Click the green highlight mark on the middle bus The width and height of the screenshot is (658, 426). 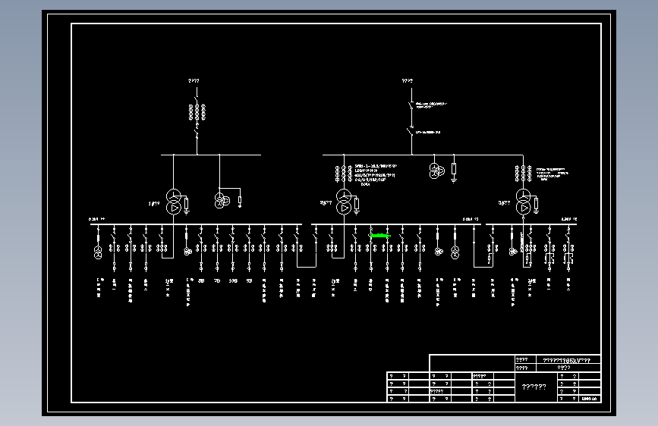(380, 236)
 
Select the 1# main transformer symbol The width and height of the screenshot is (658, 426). (174, 200)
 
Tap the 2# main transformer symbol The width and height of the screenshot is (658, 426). (344, 200)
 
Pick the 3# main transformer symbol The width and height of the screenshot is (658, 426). (524, 200)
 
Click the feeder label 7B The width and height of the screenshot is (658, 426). (217, 280)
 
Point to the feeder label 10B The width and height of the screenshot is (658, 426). (233, 280)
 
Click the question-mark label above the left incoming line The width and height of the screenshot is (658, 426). (194, 80)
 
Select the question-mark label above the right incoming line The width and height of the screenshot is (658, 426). (408, 80)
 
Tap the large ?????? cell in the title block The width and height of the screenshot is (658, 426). (534, 387)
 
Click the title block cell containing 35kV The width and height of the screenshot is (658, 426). (568, 359)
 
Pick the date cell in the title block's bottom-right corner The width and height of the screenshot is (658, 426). (590, 397)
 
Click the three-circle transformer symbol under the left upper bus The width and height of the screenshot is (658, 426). (221, 200)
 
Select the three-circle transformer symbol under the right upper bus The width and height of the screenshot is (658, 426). (435, 170)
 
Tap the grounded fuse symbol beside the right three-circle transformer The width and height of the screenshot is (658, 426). (454, 171)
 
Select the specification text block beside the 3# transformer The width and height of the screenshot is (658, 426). (552, 173)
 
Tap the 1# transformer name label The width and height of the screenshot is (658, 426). (154, 203)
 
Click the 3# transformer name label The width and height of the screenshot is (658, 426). (504, 203)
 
